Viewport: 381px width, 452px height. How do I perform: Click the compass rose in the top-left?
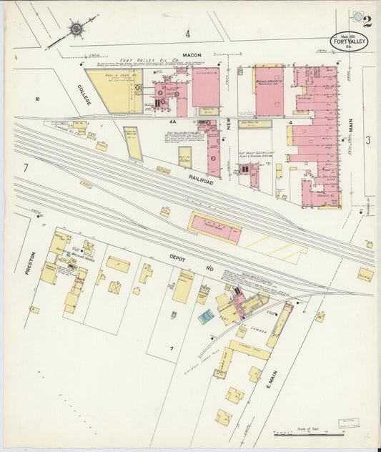click(75, 29)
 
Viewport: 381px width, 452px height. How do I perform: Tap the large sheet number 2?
click(367, 21)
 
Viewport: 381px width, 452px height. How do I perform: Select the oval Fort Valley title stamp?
click(349, 41)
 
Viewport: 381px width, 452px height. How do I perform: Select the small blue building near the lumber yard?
click(206, 315)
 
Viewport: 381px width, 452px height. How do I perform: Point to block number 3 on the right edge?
click(367, 140)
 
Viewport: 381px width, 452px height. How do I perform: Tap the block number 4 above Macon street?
click(188, 33)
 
